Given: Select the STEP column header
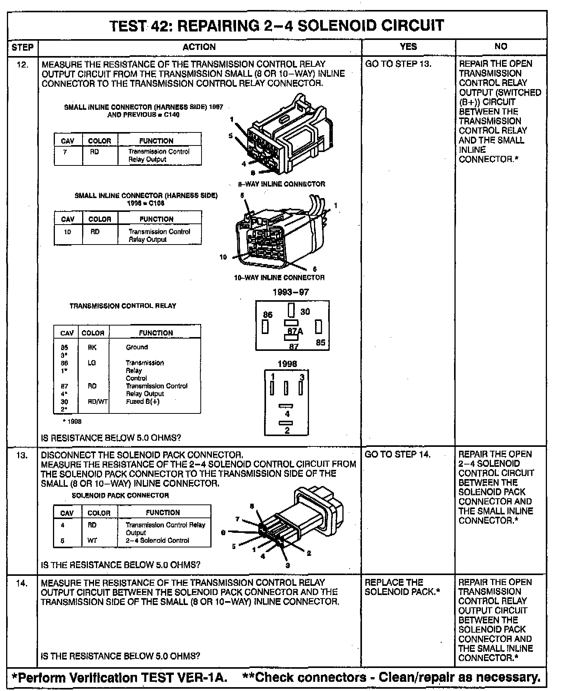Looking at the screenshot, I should (x=23, y=47).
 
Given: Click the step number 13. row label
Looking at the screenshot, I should (x=22, y=455).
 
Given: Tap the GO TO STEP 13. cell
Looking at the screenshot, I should (x=398, y=64).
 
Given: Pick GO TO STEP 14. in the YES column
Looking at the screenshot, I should (x=397, y=455).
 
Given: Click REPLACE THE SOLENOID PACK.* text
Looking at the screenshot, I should (x=402, y=587).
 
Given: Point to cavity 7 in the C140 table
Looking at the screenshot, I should (x=65, y=152).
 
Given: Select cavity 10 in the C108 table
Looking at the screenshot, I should (x=67, y=232).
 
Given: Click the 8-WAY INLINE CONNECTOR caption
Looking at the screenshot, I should (x=281, y=184).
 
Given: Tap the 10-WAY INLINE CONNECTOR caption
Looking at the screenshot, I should (x=279, y=278).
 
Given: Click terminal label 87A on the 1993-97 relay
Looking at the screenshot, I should (x=295, y=331).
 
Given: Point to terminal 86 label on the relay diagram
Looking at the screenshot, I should (x=268, y=315).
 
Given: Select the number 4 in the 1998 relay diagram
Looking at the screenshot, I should (x=287, y=414).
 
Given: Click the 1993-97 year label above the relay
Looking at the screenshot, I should (x=291, y=292).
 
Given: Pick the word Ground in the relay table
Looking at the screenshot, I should (x=137, y=347).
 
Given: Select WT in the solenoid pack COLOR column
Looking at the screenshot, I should (x=92, y=540).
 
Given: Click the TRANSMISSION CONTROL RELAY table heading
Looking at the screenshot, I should (x=123, y=306).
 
